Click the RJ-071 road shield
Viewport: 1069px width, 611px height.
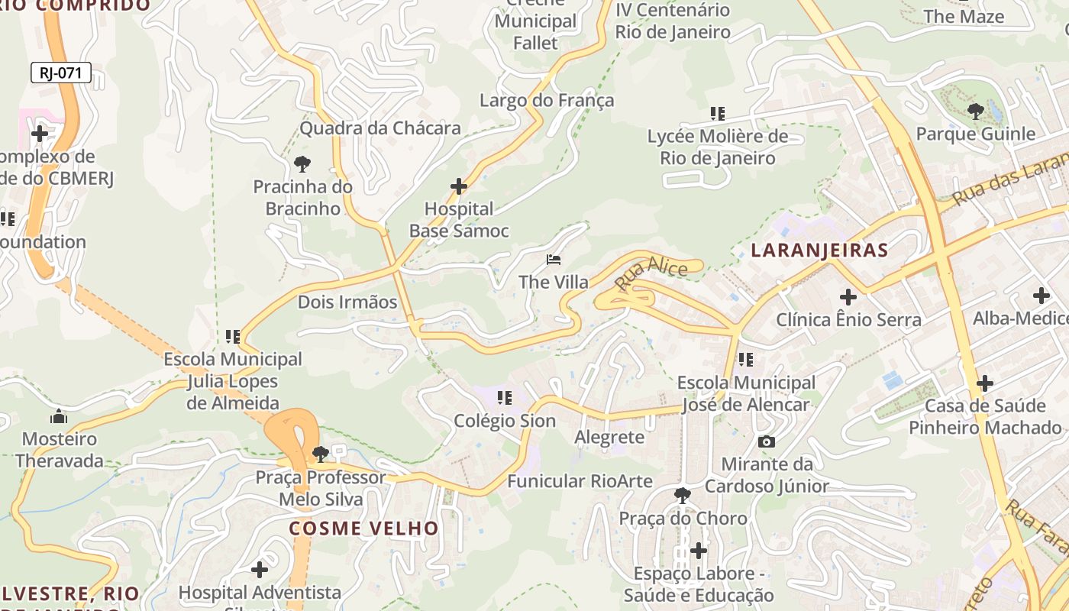[x=61, y=73]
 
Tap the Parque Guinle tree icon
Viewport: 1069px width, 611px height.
[x=975, y=112]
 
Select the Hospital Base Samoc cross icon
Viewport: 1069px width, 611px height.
[x=458, y=186]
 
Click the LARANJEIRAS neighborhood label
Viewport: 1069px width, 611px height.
[x=819, y=250]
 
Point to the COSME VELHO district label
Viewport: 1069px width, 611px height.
[x=363, y=528]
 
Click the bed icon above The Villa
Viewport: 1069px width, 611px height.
[x=554, y=260]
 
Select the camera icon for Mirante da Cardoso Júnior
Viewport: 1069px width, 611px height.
[x=766, y=441]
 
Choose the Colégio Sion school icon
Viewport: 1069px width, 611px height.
[x=504, y=398]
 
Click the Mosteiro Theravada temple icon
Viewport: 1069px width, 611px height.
[x=59, y=416]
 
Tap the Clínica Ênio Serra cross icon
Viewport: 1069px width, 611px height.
[x=848, y=296]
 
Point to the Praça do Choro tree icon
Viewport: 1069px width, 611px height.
[x=683, y=496]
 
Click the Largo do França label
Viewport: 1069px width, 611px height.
[x=546, y=100]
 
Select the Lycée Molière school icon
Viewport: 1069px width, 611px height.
[x=717, y=114]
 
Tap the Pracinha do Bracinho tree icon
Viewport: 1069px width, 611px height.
[x=302, y=163]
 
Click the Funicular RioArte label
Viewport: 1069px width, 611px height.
[x=580, y=481]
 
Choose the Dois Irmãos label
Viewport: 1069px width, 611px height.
[x=347, y=302]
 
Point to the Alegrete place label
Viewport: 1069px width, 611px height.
[x=609, y=438]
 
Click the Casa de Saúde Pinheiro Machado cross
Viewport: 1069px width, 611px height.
[x=985, y=382]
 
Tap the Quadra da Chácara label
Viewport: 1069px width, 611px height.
[x=379, y=128]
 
